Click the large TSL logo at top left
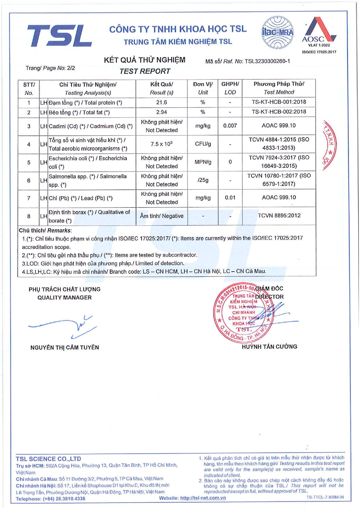[59, 35]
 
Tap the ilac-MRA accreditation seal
[278, 33]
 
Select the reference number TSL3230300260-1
[267, 61]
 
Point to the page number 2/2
[71, 68]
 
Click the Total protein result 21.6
[162, 102]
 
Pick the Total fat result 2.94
[162, 112]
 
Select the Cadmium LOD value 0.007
[230, 126]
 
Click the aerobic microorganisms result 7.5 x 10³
[162, 144]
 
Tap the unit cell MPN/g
[203, 162]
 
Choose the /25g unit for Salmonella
[203, 180]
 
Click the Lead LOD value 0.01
[230, 198]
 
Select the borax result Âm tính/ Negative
[162, 216]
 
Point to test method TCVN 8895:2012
[279, 216]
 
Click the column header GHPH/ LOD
[230, 88]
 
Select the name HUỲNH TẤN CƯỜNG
[269, 346]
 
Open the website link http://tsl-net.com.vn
[203, 498]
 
